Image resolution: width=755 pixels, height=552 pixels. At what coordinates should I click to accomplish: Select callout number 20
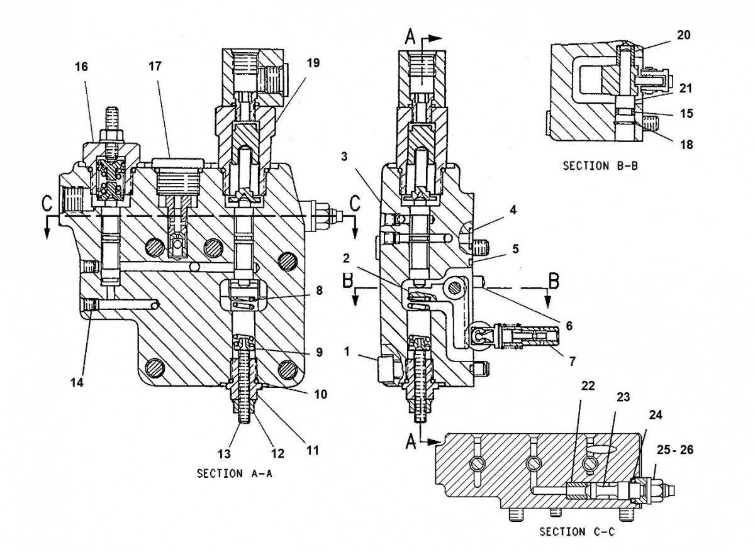(x=683, y=36)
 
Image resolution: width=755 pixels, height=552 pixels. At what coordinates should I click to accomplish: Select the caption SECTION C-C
(x=576, y=531)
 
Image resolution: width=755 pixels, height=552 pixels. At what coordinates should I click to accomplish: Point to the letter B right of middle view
(x=554, y=280)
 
